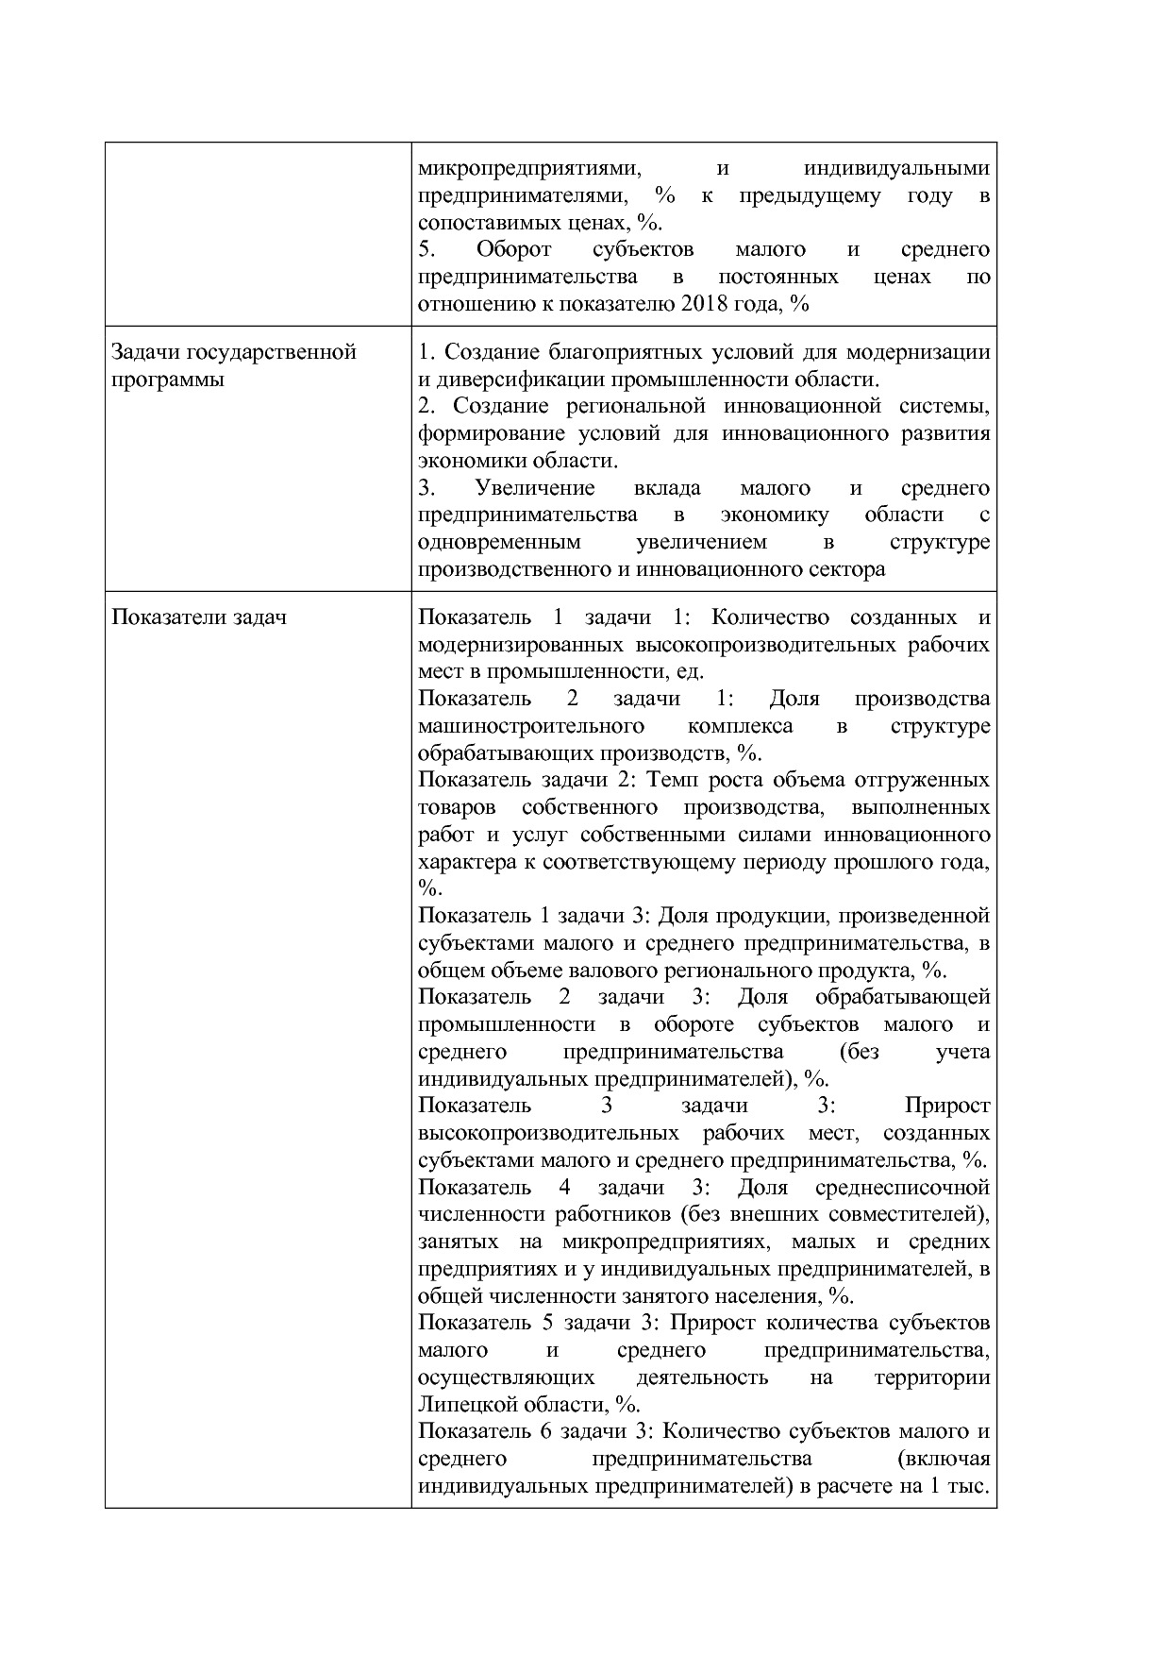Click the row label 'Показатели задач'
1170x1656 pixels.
point(199,617)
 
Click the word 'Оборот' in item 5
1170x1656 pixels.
point(513,249)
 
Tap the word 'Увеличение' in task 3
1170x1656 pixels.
point(534,488)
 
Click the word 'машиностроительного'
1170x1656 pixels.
point(530,726)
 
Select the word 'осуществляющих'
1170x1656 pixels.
point(506,1377)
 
